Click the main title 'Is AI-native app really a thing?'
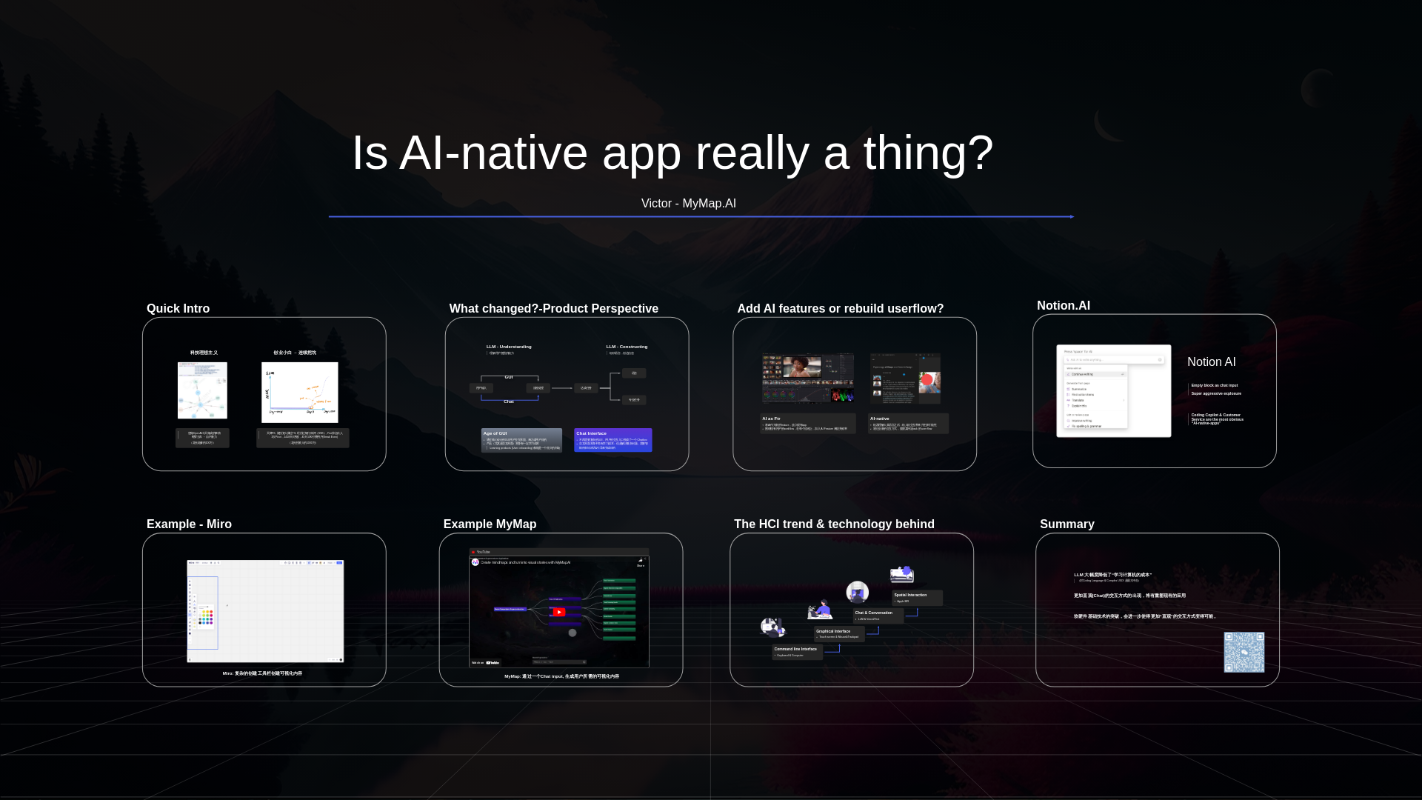pyautogui.click(x=672, y=153)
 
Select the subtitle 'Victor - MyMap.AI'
pyautogui.click(x=688, y=203)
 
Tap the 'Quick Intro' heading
pyautogui.click(x=178, y=308)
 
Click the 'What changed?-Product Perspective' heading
pyautogui.click(x=553, y=308)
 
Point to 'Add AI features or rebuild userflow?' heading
pyautogui.click(x=840, y=308)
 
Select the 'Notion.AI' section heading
pyautogui.click(x=1063, y=305)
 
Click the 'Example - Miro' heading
pyautogui.click(x=189, y=524)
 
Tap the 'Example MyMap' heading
pyautogui.click(x=490, y=524)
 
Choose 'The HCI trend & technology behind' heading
pyautogui.click(x=834, y=524)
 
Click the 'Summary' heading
pyautogui.click(x=1066, y=524)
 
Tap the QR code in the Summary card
pyautogui.click(x=1244, y=652)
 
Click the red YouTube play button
pyautogui.click(x=558, y=612)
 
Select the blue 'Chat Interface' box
pyautogui.click(x=612, y=440)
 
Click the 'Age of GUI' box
pyautogui.click(x=521, y=440)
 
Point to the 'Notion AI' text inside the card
pyautogui.click(x=1211, y=361)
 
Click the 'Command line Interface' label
pyautogui.click(x=795, y=649)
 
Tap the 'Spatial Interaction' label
pyautogui.click(x=910, y=595)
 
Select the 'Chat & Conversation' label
pyautogui.click(x=874, y=613)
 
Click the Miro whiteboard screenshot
pyautogui.click(x=265, y=611)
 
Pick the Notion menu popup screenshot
pyautogui.click(x=1113, y=390)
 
